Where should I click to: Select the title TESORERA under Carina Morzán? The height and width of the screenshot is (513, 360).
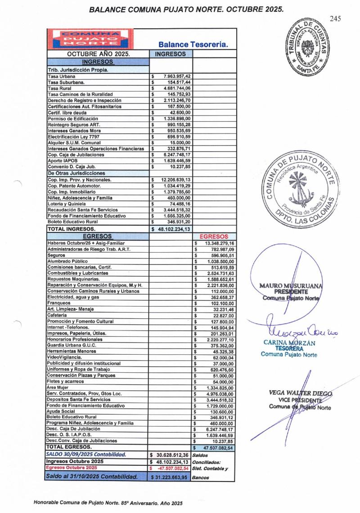point(289,348)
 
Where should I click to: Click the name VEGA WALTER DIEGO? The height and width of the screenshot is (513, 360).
point(300,392)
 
